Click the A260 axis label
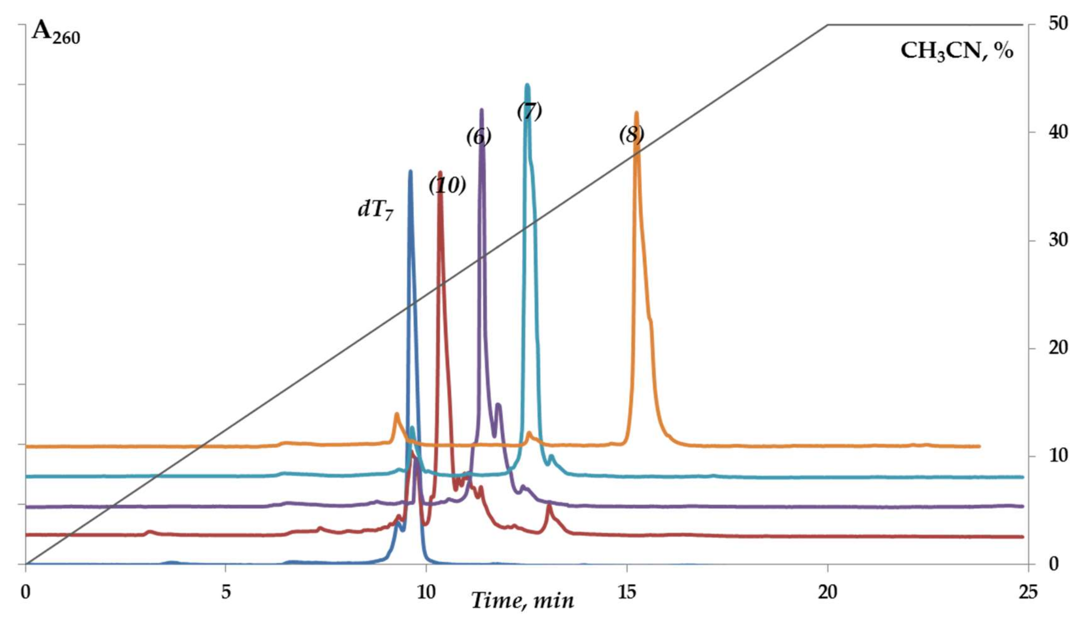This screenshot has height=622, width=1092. (x=55, y=33)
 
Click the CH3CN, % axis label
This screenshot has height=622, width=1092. (x=956, y=52)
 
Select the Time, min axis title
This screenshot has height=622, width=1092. (x=522, y=601)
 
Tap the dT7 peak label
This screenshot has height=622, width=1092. (x=375, y=210)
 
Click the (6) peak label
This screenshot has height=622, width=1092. (x=479, y=137)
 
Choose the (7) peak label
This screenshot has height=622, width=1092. (x=529, y=111)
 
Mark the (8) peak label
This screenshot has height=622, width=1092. (x=631, y=135)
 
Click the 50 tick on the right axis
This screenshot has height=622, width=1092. (x=1057, y=24)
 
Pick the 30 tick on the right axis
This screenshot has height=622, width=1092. (x=1057, y=241)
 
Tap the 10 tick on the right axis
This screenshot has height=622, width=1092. (x=1057, y=456)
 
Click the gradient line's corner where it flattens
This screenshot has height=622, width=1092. (x=828, y=25)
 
